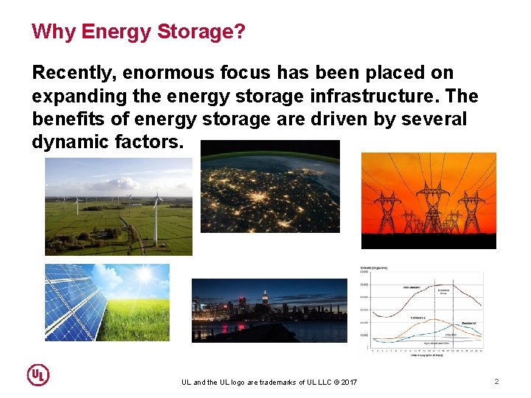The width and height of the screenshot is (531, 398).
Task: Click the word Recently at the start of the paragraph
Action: click(72, 73)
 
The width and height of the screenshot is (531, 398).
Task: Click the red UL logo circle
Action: click(38, 375)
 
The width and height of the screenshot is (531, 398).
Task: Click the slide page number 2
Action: click(496, 381)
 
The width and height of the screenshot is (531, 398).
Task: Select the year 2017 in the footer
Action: click(348, 382)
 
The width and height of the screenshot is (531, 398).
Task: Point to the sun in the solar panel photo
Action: click(145, 276)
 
